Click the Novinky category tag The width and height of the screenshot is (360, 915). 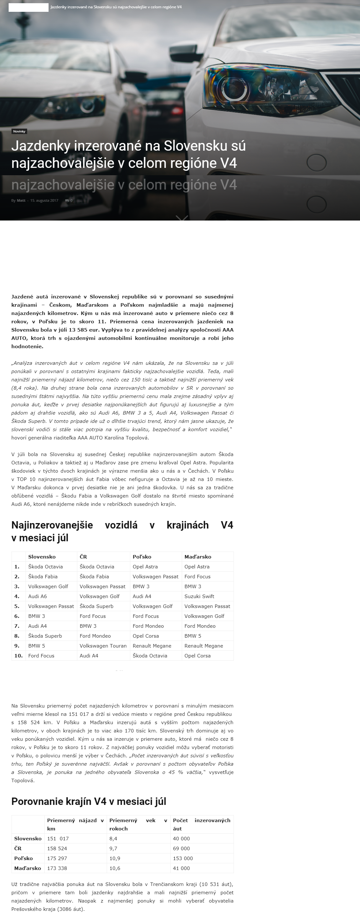click(x=19, y=131)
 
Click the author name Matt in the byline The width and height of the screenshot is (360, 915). click(x=21, y=201)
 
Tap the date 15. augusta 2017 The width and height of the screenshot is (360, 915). click(x=44, y=201)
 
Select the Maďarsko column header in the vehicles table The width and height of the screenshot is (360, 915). click(x=198, y=557)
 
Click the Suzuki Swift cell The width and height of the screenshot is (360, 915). click(x=199, y=596)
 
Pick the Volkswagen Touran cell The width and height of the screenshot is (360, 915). click(x=103, y=646)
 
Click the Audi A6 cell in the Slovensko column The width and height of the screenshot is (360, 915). click(x=38, y=596)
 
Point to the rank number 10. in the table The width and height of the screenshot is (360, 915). click(x=19, y=656)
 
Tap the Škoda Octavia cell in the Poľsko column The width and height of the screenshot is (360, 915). click(x=149, y=656)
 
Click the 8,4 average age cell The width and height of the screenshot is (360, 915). click(x=113, y=838)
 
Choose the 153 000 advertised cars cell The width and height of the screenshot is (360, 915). click(x=183, y=858)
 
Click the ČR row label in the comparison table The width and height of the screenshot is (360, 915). click(x=18, y=848)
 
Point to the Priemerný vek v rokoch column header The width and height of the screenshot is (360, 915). click(x=138, y=824)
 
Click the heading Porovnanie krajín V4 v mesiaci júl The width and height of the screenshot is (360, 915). click(x=89, y=802)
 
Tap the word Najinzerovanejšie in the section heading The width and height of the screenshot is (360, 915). click(x=52, y=525)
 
